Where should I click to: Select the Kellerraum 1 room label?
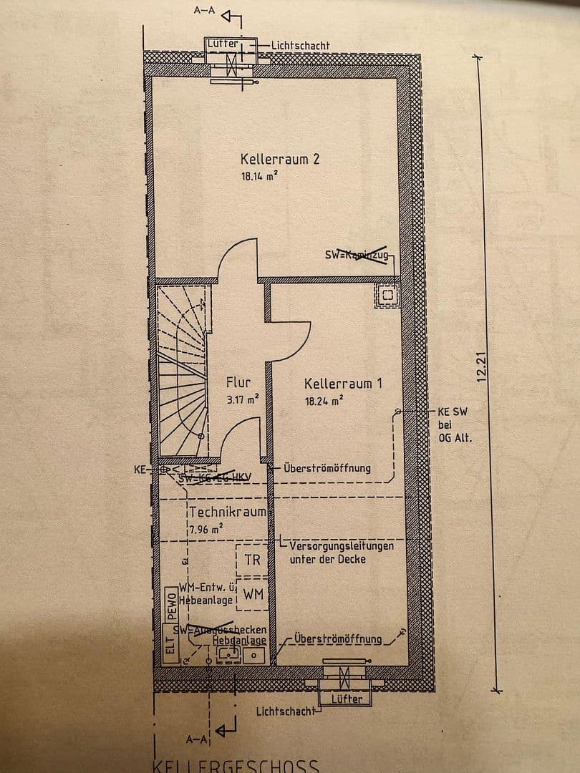343,384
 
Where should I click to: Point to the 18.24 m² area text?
324,402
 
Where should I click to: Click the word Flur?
238,383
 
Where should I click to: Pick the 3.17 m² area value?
242,400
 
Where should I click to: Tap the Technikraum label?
228,512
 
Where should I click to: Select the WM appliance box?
252,593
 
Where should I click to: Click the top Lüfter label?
222,44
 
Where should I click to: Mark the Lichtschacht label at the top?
300,46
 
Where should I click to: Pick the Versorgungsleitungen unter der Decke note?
341,553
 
